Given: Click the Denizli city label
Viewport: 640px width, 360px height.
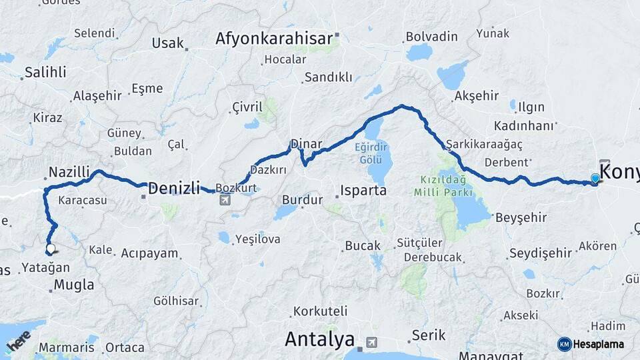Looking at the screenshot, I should pyautogui.click(x=173, y=189).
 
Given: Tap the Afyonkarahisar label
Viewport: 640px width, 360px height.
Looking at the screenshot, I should pyautogui.click(x=273, y=39).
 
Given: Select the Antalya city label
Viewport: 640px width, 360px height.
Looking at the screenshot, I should pyautogui.click(x=319, y=339).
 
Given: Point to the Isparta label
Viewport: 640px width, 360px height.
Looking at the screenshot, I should pyautogui.click(x=363, y=191).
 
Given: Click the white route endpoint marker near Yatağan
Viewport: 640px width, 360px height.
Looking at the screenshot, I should pyautogui.click(x=50, y=249).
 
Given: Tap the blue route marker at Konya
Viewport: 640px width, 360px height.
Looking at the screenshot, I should pyautogui.click(x=595, y=178).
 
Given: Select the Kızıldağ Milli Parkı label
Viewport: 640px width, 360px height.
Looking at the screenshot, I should pyautogui.click(x=443, y=185).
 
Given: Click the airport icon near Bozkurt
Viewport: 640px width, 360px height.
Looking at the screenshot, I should pyautogui.click(x=225, y=199).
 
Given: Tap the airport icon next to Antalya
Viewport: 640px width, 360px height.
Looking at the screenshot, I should pyautogui.click(x=371, y=342).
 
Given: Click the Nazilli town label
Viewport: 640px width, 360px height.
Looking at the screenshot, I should pyautogui.click(x=69, y=173).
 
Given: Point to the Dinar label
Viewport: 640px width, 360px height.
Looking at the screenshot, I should pyautogui.click(x=306, y=144).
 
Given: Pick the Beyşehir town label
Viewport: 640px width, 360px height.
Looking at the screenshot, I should pyautogui.click(x=521, y=217).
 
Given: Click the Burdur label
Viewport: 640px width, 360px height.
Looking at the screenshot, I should pyautogui.click(x=303, y=199).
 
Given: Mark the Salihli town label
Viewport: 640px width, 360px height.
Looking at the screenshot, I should pyautogui.click(x=45, y=73).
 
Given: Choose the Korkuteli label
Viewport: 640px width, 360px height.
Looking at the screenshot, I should pyautogui.click(x=321, y=311).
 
